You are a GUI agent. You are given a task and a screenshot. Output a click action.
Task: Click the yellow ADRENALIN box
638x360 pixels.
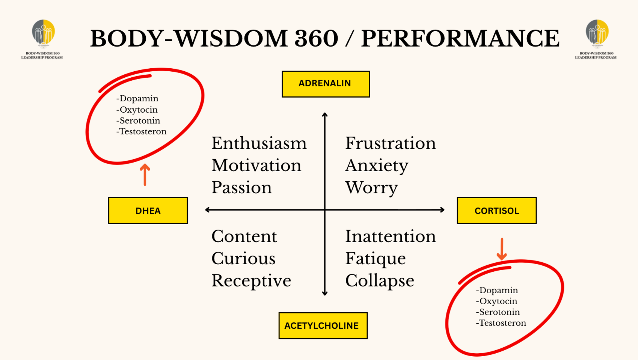tap(326, 84)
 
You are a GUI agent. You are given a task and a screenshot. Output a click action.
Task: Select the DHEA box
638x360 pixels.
tap(148, 211)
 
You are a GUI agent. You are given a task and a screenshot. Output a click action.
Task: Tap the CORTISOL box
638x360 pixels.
tap(496, 211)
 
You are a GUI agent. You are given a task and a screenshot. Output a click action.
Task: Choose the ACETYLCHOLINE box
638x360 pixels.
tap(323, 325)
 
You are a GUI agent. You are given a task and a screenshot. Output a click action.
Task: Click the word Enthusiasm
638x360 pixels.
tap(259, 143)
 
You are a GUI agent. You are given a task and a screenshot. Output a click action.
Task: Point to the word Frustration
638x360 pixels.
tap(391, 143)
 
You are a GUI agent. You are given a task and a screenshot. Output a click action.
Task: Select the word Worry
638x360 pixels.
tap(371, 188)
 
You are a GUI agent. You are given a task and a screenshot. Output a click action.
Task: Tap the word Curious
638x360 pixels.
tap(243, 258)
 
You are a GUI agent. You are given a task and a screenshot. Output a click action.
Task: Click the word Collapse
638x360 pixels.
tap(380, 281)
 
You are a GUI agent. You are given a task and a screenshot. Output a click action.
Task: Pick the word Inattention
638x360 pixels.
tap(391, 236)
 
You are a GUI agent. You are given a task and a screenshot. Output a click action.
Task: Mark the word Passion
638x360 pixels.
tap(241, 188)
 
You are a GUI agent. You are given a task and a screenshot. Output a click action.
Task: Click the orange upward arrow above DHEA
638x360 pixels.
tap(145, 175)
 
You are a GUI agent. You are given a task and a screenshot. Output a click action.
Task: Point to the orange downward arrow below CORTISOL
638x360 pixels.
tap(502, 249)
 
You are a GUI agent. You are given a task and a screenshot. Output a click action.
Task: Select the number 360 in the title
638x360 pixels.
tap(316, 38)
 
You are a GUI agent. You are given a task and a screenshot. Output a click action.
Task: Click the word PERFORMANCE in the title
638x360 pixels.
tap(460, 38)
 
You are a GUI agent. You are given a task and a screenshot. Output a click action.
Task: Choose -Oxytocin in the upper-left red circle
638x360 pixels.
tap(137, 110)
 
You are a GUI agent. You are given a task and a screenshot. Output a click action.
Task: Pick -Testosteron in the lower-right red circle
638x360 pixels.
tap(501, 323)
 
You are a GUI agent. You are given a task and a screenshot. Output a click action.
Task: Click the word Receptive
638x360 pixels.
tap(251, 281)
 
